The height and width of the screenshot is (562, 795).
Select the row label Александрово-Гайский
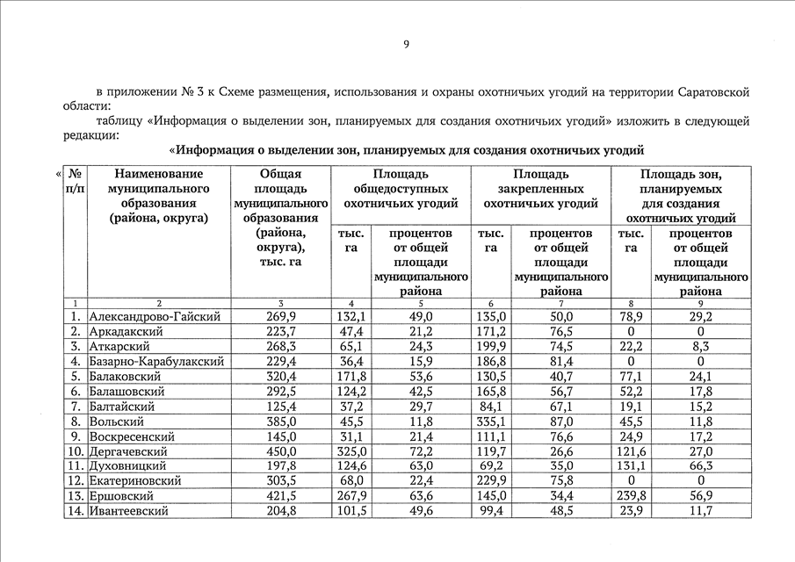pos(155,316)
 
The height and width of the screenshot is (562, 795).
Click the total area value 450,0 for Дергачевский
pos(280,451)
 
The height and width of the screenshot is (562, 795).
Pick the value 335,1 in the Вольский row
pos(491,421)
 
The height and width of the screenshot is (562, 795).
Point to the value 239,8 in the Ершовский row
pos(631,496)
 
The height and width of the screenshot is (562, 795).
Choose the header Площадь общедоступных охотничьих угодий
pos(401,189)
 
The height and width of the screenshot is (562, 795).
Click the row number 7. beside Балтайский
pos(76,406)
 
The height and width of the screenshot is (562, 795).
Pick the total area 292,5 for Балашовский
pos(280,391)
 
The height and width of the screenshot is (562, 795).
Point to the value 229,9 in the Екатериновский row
pos(491,481)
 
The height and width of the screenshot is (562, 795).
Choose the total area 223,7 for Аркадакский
pos(280,331)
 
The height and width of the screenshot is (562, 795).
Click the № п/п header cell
pos(76,182)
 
